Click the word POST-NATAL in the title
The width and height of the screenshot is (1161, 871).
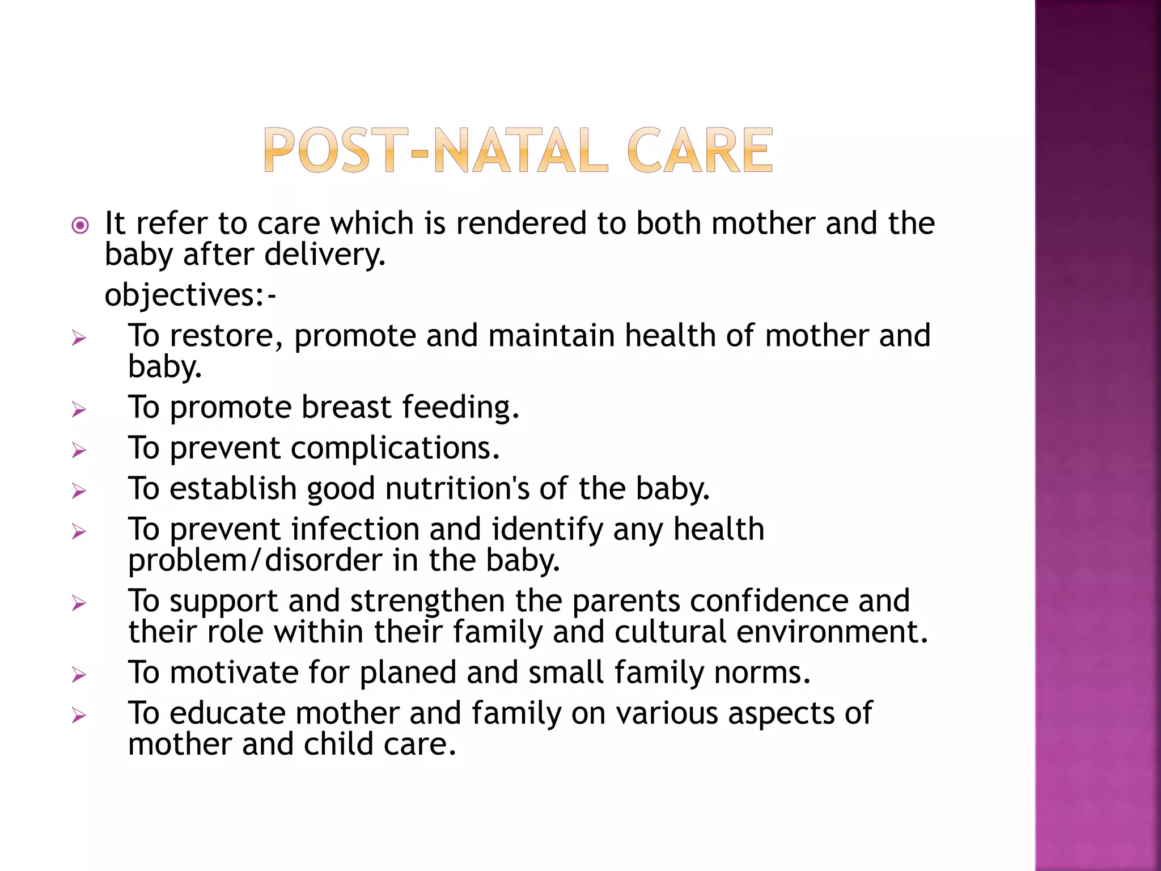click(x=435, y=150)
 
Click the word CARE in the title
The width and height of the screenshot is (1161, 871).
click(x=700, y=150)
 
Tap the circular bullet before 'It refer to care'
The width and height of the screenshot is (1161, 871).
click(x=80, y=226)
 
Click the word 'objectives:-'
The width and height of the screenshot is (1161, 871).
click(x=190, y=295)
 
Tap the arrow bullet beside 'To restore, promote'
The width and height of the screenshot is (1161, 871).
click(x=79, y=339)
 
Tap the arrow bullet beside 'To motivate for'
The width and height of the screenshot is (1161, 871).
click(x=79, y=675)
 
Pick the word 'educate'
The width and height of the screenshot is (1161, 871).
click(x=227, y=713)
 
